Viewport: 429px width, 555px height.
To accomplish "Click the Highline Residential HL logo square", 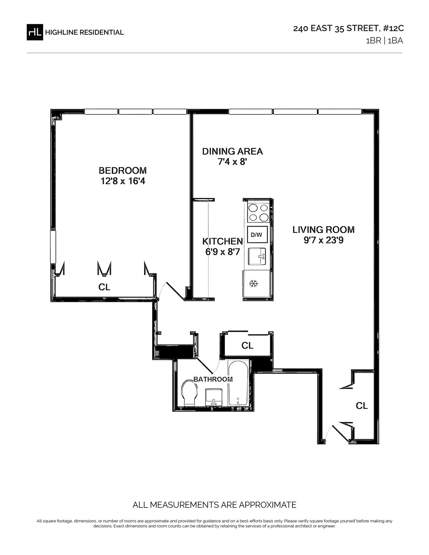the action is [35, 32].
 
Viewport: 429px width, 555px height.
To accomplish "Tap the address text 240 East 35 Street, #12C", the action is [348, 28].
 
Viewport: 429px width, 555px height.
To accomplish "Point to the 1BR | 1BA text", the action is [384, 41].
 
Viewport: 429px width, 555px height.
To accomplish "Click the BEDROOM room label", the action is [123, 170].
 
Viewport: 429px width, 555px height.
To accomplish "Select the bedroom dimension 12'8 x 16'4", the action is [123, 181].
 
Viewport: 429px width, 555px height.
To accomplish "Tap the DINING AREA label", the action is [232, 151].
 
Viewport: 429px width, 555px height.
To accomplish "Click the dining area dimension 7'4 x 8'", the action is [232, 162].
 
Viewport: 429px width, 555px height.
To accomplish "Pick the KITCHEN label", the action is [222, 241].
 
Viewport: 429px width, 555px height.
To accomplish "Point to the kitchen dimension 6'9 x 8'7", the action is [222, 252].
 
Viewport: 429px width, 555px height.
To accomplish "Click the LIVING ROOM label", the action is [323, 230].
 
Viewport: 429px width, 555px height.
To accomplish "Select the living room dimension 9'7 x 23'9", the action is [323, 240].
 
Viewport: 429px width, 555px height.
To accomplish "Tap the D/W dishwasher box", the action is [257, 235].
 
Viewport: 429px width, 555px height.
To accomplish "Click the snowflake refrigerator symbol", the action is [254, 283].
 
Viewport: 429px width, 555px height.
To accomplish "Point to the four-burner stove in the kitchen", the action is [258, 212].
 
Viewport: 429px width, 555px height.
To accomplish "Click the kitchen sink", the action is [257, 256].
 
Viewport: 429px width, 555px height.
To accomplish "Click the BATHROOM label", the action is [213, 379].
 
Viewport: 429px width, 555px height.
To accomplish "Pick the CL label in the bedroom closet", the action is [104, 287].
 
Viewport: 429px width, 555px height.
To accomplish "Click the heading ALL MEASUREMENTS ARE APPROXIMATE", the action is [214, 505].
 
